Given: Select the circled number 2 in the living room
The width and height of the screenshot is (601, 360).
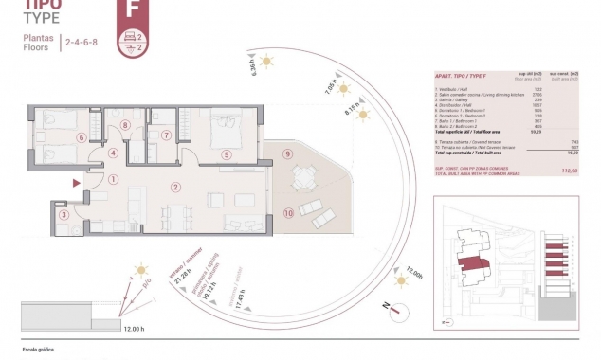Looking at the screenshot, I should tap(174, 187).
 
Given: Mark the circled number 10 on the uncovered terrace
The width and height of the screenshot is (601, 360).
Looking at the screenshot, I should tap(288, 214).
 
